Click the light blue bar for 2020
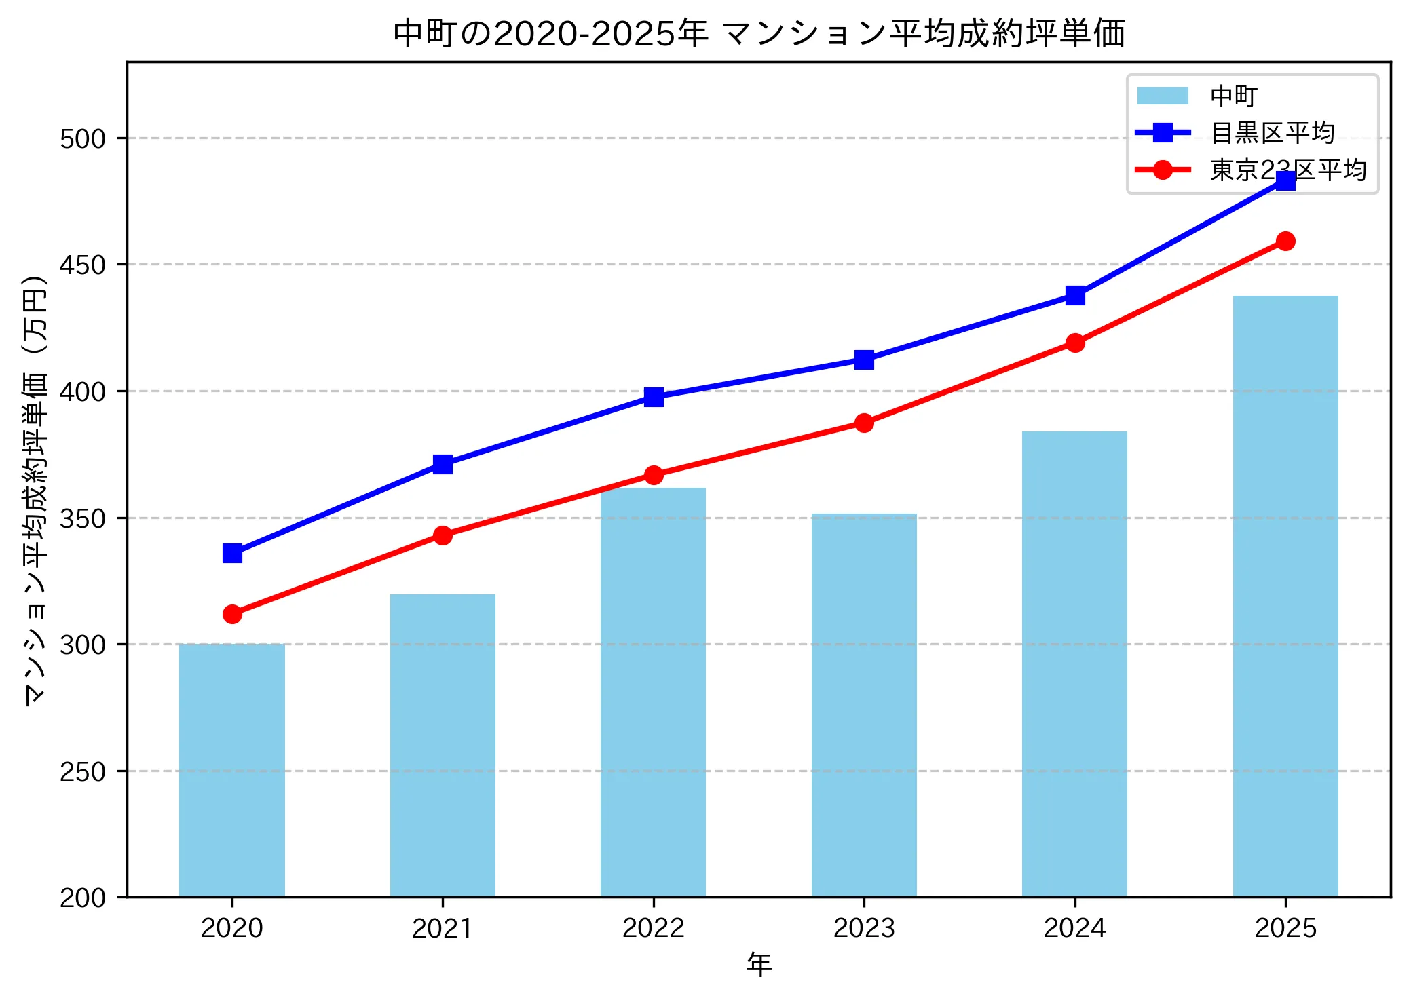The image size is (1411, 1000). click(232, 770)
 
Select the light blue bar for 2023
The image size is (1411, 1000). click(864, 706)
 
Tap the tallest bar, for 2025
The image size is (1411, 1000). click(1285, 597)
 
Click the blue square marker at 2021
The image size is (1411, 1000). click(443, 465)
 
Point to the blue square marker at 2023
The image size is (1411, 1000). click(864, 360)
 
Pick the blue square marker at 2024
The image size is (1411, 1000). click(1075, 295)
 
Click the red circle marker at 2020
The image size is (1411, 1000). click(232, 614)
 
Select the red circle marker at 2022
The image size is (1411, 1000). click(654, 475)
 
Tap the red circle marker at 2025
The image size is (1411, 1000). click(1285, 241)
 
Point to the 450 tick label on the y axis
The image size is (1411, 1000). click(83, 265)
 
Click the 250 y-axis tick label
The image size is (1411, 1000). click(83, 771)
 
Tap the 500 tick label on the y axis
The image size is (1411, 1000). click(83, 138)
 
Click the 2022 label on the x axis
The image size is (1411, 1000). click(654, 928)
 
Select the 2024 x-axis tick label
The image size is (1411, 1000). click(1075, 928)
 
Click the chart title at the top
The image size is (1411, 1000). click(759, 34)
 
